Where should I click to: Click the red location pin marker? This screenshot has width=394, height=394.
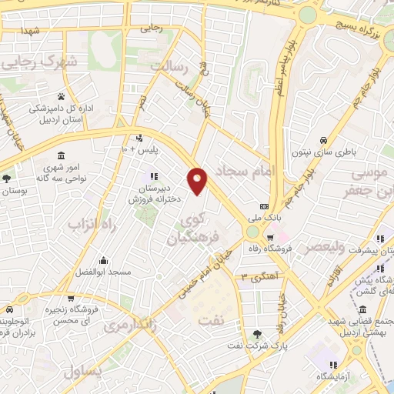(199, 179)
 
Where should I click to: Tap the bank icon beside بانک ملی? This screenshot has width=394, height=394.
(265, 206)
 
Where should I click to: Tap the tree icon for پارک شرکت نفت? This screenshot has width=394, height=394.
(257, 333)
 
